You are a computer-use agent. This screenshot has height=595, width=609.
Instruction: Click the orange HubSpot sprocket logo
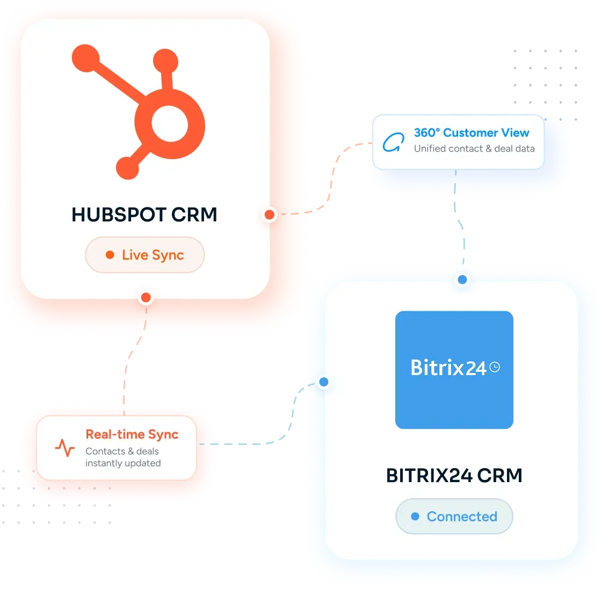coord(139,112)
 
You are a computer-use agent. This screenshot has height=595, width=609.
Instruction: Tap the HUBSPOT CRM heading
coord(144,214)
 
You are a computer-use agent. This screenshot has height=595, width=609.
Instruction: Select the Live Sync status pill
coord(145,255)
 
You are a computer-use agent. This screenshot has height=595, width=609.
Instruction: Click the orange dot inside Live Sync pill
coord(110,255)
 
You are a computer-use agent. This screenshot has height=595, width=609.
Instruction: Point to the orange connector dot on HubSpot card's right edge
coord(270,214)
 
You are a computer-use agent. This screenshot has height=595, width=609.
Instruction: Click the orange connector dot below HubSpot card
coord(146,298)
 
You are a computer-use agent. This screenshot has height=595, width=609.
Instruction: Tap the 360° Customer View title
coord(472,133)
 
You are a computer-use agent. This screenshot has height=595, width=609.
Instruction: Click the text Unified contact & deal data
coord(474,148)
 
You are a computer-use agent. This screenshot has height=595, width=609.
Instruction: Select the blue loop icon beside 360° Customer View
coord(393,142)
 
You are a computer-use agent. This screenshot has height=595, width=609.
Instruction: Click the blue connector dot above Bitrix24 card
coord(462,279)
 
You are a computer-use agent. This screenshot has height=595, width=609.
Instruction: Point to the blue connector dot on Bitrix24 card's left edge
coord(323,382)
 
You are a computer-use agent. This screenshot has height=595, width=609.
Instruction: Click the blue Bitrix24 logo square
coord(454,370)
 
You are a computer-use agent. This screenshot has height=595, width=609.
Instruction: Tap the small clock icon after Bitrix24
coord(495,367)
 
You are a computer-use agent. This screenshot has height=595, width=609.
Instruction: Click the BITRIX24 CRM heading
coord(454,475)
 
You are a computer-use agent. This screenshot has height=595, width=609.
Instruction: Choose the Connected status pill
coord(454,516)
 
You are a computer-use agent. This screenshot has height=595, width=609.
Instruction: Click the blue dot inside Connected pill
coord(415,516)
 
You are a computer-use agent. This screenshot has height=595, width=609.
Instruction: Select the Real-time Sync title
coord(132,434)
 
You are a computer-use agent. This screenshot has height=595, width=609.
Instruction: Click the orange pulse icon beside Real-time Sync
coord(65,448)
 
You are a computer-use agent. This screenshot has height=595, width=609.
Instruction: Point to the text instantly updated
coord(123,463)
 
